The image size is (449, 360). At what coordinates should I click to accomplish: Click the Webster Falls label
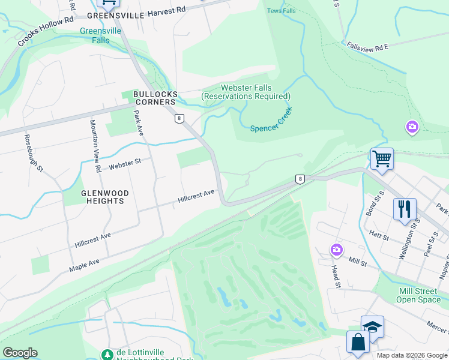tap(246, 92)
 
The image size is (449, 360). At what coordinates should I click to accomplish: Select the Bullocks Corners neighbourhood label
tap(155, 98)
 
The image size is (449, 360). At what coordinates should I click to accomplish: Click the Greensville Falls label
tap(101, 35)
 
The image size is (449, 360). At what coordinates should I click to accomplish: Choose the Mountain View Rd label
tap(94, 146)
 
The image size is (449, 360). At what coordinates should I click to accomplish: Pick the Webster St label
tap(124, 163)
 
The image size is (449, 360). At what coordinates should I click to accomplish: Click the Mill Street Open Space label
tap(420, 295)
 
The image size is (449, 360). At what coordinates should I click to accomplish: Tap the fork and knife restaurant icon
tap(405, 209)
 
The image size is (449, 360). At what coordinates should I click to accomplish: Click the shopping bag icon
tap(358, 341)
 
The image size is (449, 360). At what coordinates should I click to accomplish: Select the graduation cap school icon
tap(372, 326)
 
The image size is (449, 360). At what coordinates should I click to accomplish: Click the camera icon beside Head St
tap(336, 249)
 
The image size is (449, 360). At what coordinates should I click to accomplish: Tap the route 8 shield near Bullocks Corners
tap(179, 119)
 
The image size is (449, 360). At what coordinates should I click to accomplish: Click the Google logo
tap(20, 353)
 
